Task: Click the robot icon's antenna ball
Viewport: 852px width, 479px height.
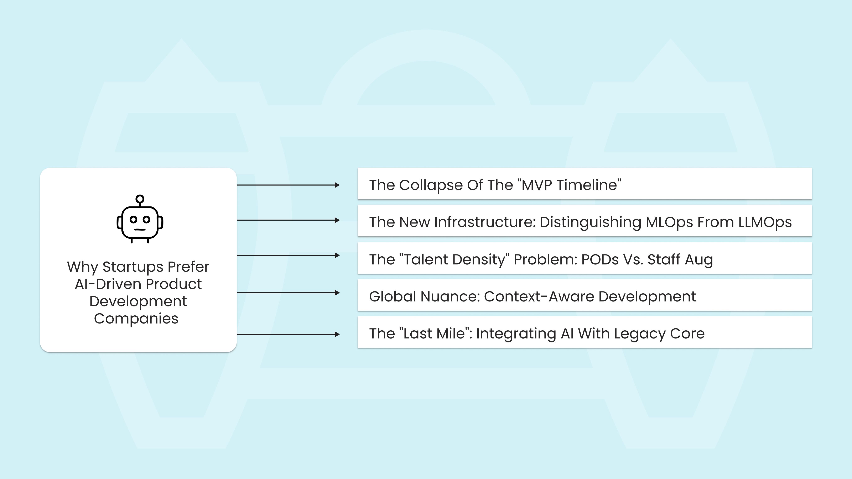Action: point(140,199)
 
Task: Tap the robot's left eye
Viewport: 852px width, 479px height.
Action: point(133,219)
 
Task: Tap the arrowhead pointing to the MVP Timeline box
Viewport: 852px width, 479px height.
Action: point(337,185)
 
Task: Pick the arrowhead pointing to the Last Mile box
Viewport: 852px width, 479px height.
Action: point(337,335)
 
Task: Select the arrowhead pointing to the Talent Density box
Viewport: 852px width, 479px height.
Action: point(337,255)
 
